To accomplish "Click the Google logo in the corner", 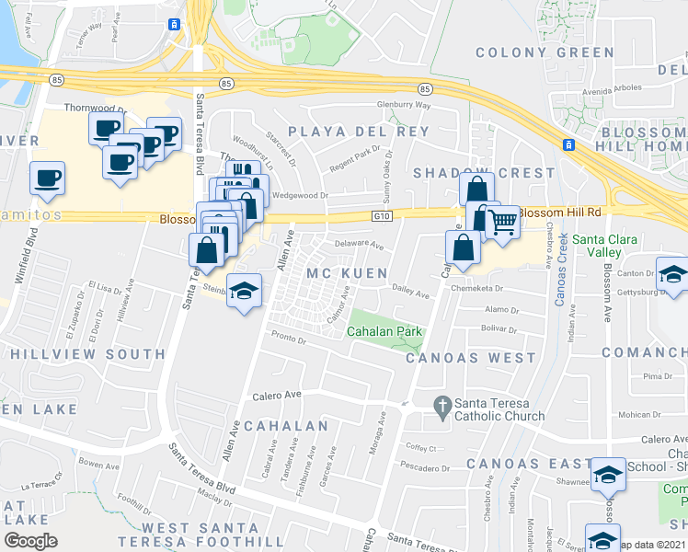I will point(30,541).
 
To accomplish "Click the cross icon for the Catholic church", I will point(442,404).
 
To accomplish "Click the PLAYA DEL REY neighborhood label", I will point(359,132).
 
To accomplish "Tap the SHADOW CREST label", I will point(484,173).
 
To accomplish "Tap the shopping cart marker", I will point(501,222).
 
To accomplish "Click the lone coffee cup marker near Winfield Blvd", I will point(46,178).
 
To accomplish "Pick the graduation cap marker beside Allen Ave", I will point(243,292).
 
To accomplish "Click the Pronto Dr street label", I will point(288,339).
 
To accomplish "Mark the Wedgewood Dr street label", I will point(300,195).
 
